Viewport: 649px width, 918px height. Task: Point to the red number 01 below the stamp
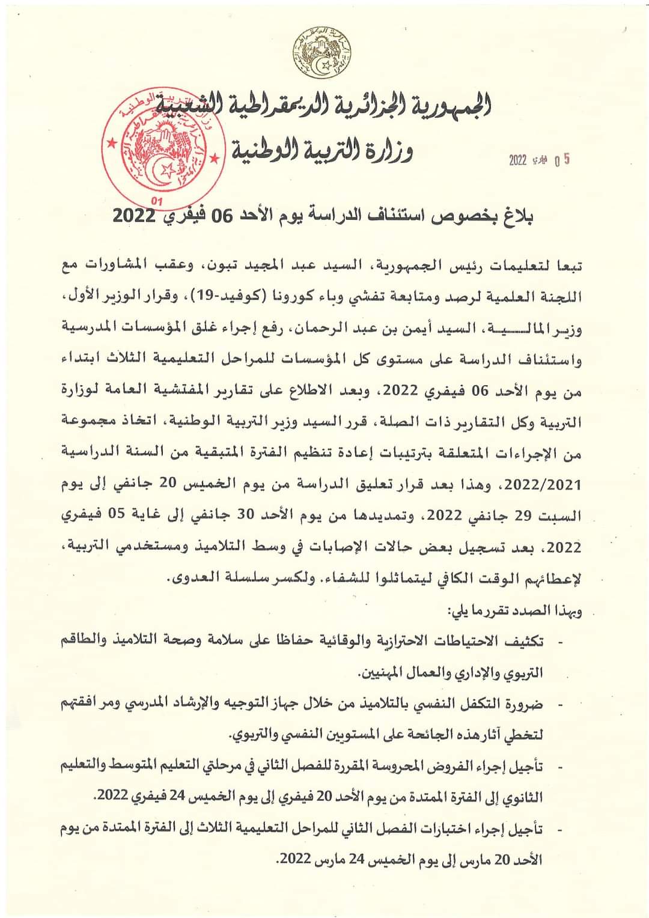(x=157, y=202)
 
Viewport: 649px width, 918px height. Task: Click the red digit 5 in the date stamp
(x=567, y=159)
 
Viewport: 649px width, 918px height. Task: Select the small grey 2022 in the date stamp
(x=517, y=160)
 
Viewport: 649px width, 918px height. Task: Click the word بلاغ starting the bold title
(x=517, y=216)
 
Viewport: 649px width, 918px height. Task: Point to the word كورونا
(x=318, y=297)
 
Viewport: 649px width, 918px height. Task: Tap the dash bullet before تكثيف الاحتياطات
(x=561, y=642)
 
